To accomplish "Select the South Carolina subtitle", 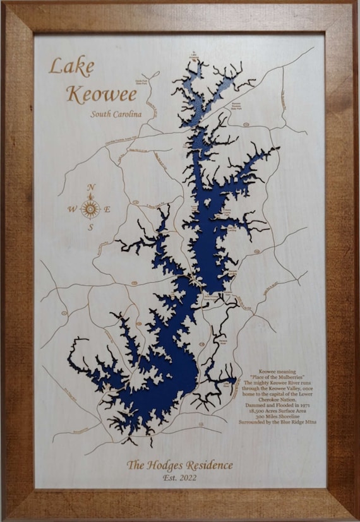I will pos(116,114).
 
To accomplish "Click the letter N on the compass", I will pos(91,187).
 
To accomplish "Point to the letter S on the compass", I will pos(91,227).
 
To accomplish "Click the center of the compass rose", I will pos(91,208).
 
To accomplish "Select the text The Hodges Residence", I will pos(179,466).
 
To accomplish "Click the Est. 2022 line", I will pos(179,478).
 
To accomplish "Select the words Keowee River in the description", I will pos(282,383).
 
